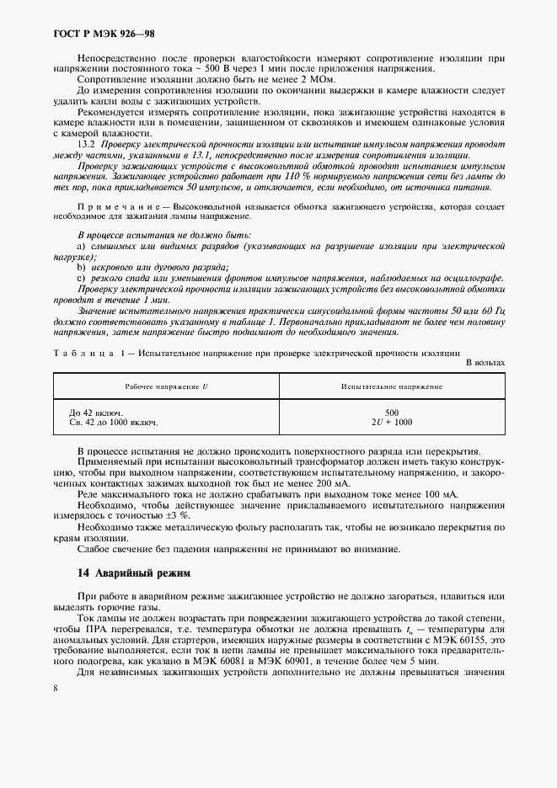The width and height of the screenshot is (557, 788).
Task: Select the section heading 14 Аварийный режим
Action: [133, 572]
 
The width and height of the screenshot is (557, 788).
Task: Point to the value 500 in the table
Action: [391, 412]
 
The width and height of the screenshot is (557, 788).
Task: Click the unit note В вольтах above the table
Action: [485, 362]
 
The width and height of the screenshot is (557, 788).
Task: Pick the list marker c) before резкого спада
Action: [82, 278]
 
